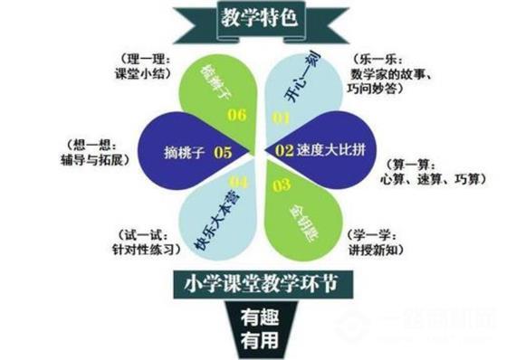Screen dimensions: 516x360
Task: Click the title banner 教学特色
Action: tap(257, 17)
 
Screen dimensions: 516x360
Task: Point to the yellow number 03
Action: tap(281, 185)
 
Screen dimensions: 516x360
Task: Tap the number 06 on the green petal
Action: tap(234, 115)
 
